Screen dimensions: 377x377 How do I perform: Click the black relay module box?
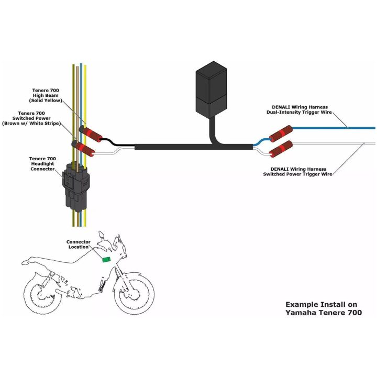(x=211, y=90)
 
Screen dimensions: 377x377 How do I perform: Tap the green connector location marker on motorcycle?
(x=106, y=259)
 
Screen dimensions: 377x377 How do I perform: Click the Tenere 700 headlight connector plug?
(x=76, y=186)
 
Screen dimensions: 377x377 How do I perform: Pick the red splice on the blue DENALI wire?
(x=281, y=134)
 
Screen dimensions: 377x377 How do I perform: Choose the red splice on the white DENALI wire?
(x=281, y=149)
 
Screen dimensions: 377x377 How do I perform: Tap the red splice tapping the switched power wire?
(x=83, y=149)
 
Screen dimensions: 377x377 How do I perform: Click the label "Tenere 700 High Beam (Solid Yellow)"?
(x=46, y=95)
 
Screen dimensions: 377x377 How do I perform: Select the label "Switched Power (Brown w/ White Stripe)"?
(x=31, y=121)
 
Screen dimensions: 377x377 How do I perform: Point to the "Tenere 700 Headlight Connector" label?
(x=42, y=164)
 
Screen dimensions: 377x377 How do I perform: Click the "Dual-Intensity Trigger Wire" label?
(x=299, y=112)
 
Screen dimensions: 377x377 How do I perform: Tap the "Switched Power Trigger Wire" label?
(x=297, y=174)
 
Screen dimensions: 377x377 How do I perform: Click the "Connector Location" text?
(x=79, y=245)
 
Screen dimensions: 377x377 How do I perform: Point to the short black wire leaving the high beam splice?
(x=118, y=142)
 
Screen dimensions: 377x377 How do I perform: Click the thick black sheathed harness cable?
(x=194, y=147)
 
